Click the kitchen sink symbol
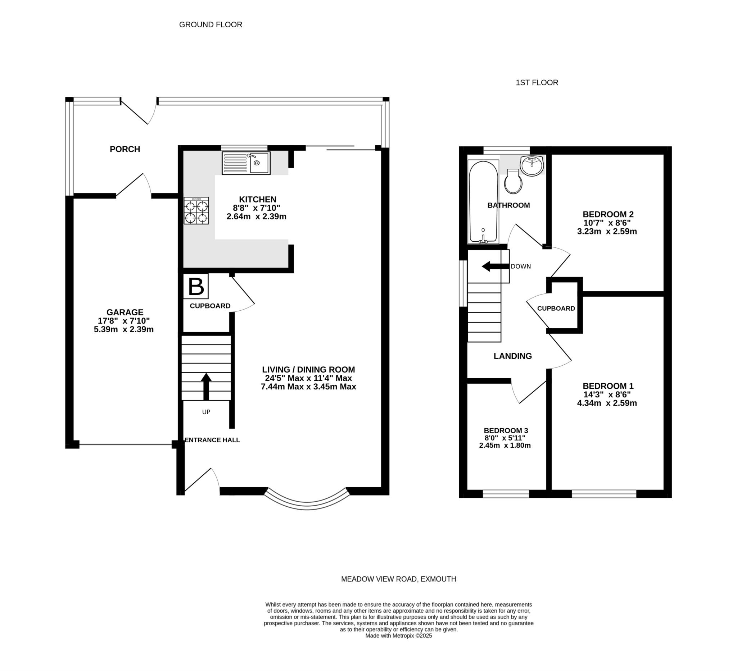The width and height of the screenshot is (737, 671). [246, 163]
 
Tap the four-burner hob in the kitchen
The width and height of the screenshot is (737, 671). [196, 211]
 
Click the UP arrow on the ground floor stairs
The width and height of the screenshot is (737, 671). [206, 386]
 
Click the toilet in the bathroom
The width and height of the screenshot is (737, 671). [513, 182]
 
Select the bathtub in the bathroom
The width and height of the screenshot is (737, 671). [483, 202]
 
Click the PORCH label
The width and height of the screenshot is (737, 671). [125, 149]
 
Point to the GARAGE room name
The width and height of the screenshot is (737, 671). [125, 312]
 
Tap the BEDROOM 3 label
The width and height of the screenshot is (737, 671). [506, 431]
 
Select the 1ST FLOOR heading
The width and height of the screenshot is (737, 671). [537, 83]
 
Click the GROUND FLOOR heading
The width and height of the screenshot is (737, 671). [211, 24]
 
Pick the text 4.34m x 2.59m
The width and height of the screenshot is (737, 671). [607, 403]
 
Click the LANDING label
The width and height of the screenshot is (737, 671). [512, 356]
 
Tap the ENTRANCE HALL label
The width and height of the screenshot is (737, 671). [212, 440]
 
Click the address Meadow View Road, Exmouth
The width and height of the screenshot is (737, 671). [398, 579]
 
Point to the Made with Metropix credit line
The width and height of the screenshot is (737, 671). [398, 635]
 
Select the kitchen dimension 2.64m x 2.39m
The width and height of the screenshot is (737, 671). [256, 216]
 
